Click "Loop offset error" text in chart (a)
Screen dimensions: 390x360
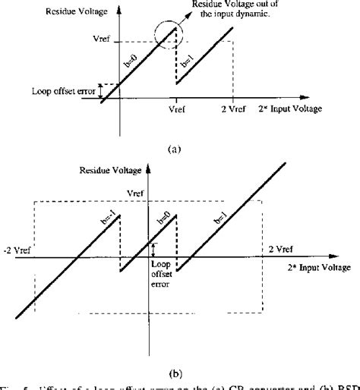tap(64, 90)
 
